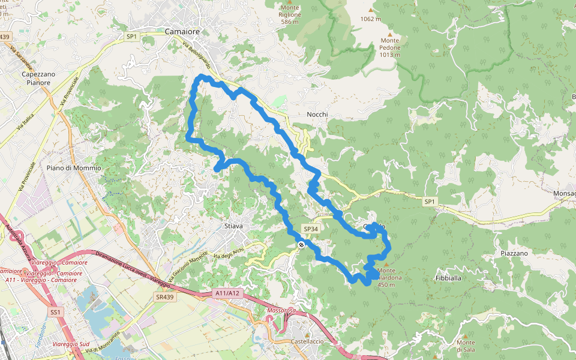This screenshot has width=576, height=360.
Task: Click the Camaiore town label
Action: tap(182, 31)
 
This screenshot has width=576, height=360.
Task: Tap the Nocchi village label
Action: tap(317, 114)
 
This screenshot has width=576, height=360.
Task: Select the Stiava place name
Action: tap(233, 226)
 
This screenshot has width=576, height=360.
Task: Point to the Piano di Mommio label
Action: tap(74, 168)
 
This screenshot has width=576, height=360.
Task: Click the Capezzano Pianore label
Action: tap(38, 78)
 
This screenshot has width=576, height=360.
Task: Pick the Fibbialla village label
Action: tap(448, 278)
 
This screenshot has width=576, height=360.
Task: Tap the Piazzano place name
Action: tap(514, 253)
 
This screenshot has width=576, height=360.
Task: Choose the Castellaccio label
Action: tap(307, 341)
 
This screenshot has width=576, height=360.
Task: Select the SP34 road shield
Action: tap(310, 229)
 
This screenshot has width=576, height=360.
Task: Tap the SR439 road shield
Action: tap(164, 297)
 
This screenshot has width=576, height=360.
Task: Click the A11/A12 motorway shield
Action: tap(227, 293)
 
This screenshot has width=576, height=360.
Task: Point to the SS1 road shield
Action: tap(56, 312)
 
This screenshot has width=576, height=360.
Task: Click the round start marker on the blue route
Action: tap(301, 244)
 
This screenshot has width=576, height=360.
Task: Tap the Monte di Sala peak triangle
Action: tap(465, 334)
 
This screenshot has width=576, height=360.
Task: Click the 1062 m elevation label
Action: tap(371, 19)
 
